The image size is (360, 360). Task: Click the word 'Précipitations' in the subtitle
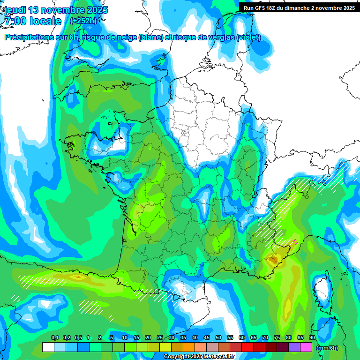32,37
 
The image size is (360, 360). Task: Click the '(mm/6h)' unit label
327,347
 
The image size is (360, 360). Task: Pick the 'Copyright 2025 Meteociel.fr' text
199,357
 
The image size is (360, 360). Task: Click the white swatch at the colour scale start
48,347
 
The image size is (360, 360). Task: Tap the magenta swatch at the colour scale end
306,347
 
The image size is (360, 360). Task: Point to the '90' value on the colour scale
312,338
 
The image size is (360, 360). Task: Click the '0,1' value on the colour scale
55,338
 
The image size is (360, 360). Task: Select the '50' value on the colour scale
218,338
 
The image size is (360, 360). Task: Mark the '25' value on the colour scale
160,338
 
